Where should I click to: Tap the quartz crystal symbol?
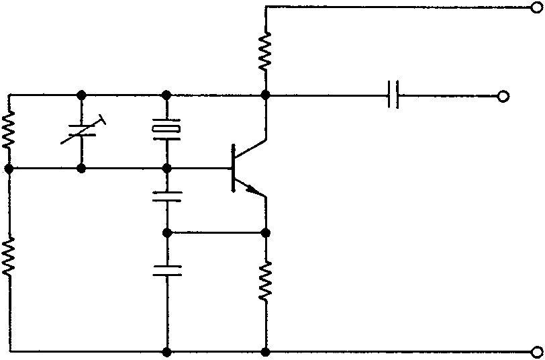point(166,130)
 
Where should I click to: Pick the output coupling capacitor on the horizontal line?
point(395,95)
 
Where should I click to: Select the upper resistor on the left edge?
point(9,130)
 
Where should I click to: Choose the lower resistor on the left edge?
point(9,258)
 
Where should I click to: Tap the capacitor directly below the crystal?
point(166,197)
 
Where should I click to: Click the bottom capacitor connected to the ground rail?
point(166,271)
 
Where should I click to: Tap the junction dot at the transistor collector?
point(266,95)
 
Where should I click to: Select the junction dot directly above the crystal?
point(166,95)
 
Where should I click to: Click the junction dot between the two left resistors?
point(9,168)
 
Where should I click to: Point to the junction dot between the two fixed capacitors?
point(166,232)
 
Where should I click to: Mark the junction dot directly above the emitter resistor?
point(266,232)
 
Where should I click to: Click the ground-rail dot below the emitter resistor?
point(266,351)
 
